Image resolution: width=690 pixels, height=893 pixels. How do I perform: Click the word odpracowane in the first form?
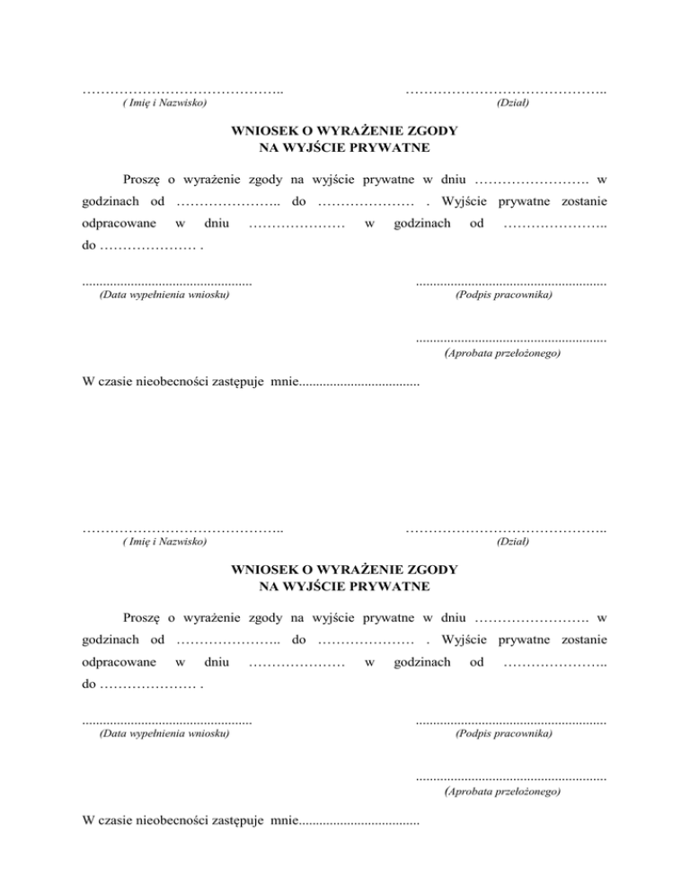pos(115,222)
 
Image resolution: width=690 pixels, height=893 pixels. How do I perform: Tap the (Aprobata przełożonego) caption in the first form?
pos(503,355)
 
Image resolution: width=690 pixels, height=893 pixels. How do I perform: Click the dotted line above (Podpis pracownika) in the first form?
pos(510,284)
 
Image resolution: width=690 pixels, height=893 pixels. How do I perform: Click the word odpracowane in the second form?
pos(115,661)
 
